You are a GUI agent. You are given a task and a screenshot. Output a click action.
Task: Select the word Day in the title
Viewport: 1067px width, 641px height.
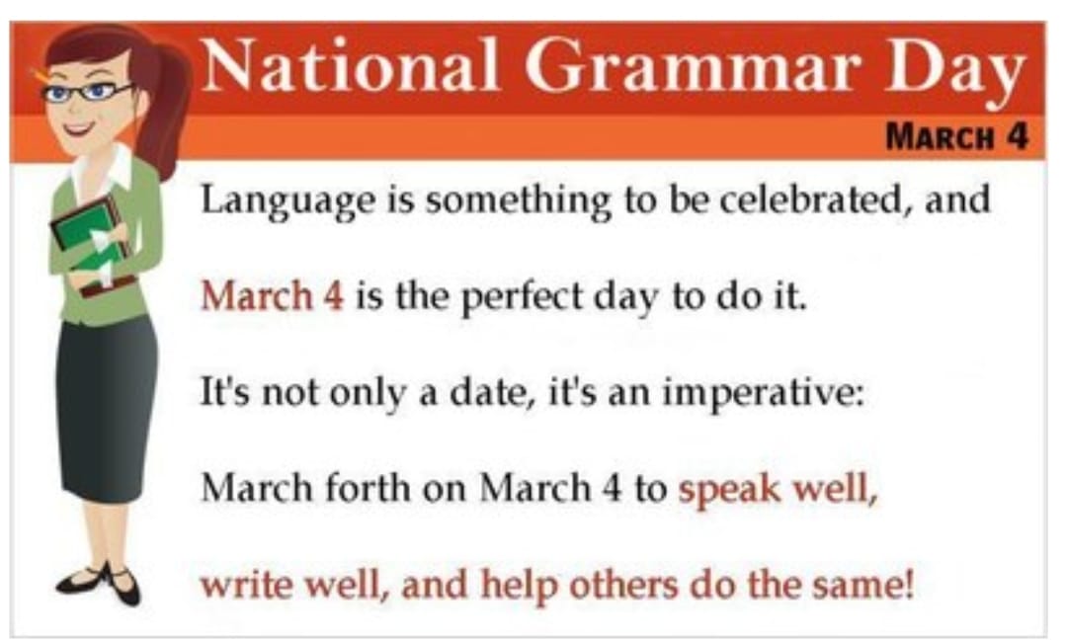(955, 71)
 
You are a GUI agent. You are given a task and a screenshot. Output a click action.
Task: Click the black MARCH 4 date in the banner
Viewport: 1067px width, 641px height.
(956, 136)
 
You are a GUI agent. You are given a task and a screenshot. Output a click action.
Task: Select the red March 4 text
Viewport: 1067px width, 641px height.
(273, 296)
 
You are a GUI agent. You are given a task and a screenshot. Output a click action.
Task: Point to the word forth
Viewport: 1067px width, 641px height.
(368, 488)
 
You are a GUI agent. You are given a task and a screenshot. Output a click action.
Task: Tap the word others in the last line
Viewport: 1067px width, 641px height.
(623, 585)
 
